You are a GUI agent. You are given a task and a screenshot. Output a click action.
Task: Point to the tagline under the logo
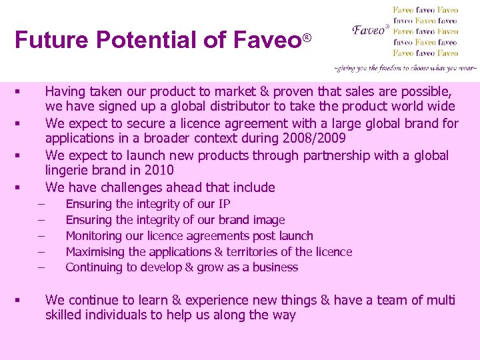pos(405,68)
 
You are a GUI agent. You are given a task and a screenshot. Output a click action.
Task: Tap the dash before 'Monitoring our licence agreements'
pos(41,235)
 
